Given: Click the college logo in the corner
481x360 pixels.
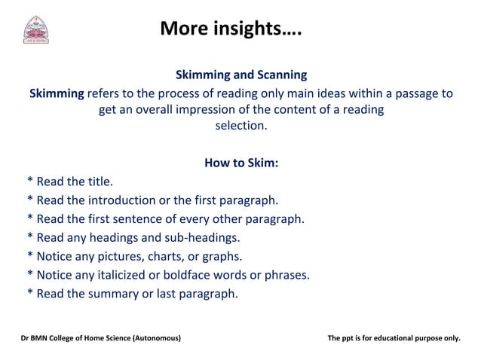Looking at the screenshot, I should [35, 29].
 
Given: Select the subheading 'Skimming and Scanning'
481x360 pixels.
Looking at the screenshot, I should [240, 75].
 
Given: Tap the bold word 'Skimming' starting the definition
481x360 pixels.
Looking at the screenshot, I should [57, 93].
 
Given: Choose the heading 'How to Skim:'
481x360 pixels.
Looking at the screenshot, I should [240, 163].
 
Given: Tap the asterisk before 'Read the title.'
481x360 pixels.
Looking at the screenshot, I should [29, 182].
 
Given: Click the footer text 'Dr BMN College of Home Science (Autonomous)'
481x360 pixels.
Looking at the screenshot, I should [100, 338].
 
